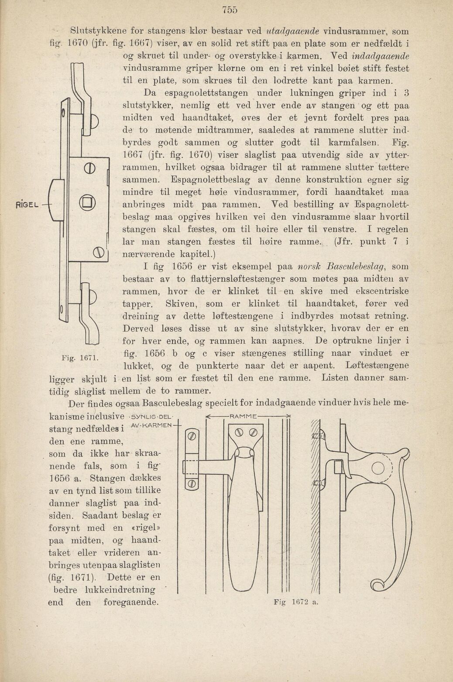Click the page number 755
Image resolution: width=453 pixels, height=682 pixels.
(x=229, y=10)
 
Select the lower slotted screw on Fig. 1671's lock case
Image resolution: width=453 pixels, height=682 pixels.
(x=97, y=252)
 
